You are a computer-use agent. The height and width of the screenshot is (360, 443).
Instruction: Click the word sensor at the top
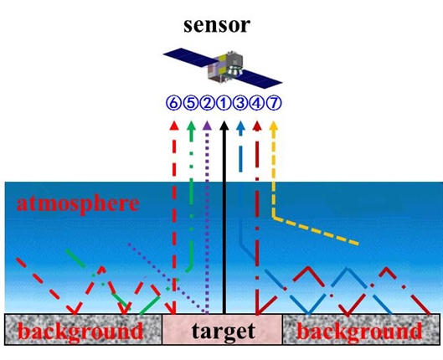(x=217, y=25)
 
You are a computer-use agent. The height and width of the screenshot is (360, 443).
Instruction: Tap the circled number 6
(x=173, y=103)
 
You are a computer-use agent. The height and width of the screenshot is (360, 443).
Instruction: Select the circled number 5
(x=190, y=103)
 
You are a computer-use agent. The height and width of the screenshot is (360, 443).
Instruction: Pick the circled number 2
(x=207, y=103)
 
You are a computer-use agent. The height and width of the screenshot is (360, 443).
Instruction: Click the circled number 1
(x=224, y=103)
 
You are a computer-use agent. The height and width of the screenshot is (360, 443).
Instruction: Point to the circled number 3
(x=240, y=103)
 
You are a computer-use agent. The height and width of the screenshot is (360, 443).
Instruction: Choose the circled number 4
(x=256, y=103)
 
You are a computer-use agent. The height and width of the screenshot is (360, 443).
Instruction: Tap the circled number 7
(x=274, y=103)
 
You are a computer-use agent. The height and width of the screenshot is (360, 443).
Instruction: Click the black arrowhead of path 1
(x=224, y=126)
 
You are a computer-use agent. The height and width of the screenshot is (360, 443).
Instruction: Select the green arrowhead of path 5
(x=191, y=126)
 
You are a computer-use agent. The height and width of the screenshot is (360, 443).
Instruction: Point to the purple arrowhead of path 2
(x=208, y=126)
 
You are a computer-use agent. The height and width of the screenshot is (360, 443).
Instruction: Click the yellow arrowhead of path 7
(x=273, y=126)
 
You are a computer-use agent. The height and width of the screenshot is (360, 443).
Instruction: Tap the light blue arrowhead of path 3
(x=240, y=126)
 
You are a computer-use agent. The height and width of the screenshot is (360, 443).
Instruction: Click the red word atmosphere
(x=78, y=203)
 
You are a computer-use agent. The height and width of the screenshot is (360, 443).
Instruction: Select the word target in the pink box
(x=224, y=331)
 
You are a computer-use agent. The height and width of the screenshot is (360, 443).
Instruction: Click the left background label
(x=82, y=332)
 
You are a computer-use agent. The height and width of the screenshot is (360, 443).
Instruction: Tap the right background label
(x=359, y=332)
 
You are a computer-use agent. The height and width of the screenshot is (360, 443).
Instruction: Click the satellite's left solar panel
(x=190, y=58)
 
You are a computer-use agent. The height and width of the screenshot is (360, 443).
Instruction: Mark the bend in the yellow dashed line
(x=274, y=217)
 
